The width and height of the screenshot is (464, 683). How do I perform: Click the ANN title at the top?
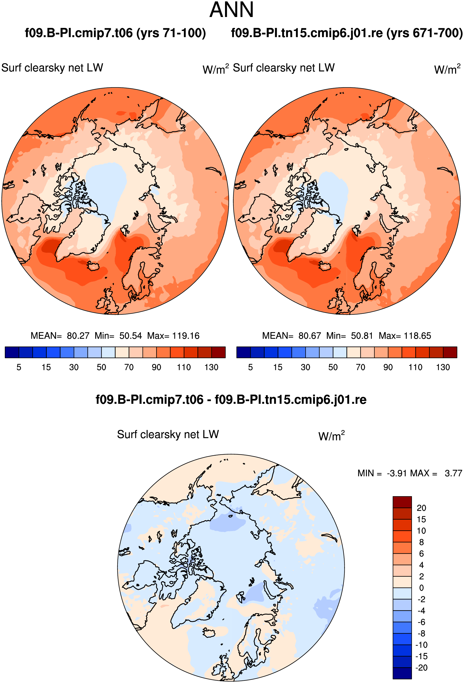tap(232, 10)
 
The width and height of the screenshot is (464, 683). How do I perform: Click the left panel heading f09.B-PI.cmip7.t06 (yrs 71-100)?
tap(115, 33)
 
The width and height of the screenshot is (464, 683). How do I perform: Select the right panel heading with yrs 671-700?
tap(347, 33)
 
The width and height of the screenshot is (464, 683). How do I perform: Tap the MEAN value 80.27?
tap(78, 336)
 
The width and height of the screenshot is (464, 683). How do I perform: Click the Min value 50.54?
tap(131, 336)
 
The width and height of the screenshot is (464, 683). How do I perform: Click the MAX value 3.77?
tap(453, 473)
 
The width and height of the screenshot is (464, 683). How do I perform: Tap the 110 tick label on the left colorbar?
tap(184, 367)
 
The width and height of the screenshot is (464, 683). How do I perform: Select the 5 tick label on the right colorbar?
tap(250, 367)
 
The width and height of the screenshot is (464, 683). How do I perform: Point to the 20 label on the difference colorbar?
tap(421, 508)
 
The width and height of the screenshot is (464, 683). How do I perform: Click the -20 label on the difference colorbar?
tap(421, 668)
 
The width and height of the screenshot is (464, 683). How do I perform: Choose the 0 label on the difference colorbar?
tap(421, 588)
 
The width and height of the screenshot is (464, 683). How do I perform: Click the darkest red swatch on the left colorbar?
tap(219, 352)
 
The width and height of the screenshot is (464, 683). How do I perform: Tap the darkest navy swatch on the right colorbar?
tap(243, 352)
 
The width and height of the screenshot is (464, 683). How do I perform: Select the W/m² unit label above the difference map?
tap(331, 436)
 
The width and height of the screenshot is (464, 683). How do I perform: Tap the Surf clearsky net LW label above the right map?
tap(284, 68)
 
